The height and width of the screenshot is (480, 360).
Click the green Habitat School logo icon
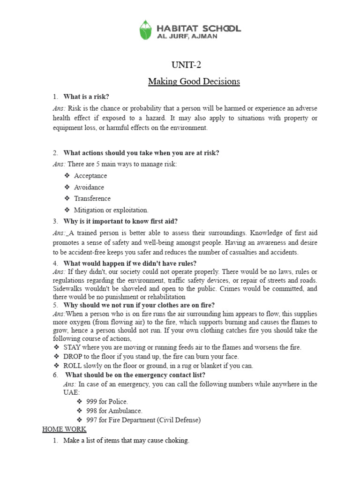146,30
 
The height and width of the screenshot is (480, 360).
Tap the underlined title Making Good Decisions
194,82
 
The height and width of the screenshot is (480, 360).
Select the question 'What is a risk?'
86,97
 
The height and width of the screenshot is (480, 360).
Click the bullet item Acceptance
90,176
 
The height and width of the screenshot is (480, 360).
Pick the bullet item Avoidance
89,187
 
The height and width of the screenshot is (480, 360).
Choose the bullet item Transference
92,198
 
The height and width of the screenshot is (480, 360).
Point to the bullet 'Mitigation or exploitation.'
111,210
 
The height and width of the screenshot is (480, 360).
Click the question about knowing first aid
120,221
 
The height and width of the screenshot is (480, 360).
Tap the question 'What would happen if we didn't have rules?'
130,263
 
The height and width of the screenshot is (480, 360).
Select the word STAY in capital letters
72,347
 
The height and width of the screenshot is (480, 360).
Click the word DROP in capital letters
72,356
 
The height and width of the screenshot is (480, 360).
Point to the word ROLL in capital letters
72,366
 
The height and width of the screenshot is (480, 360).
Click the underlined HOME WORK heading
64,429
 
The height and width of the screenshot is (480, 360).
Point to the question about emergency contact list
135,375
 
